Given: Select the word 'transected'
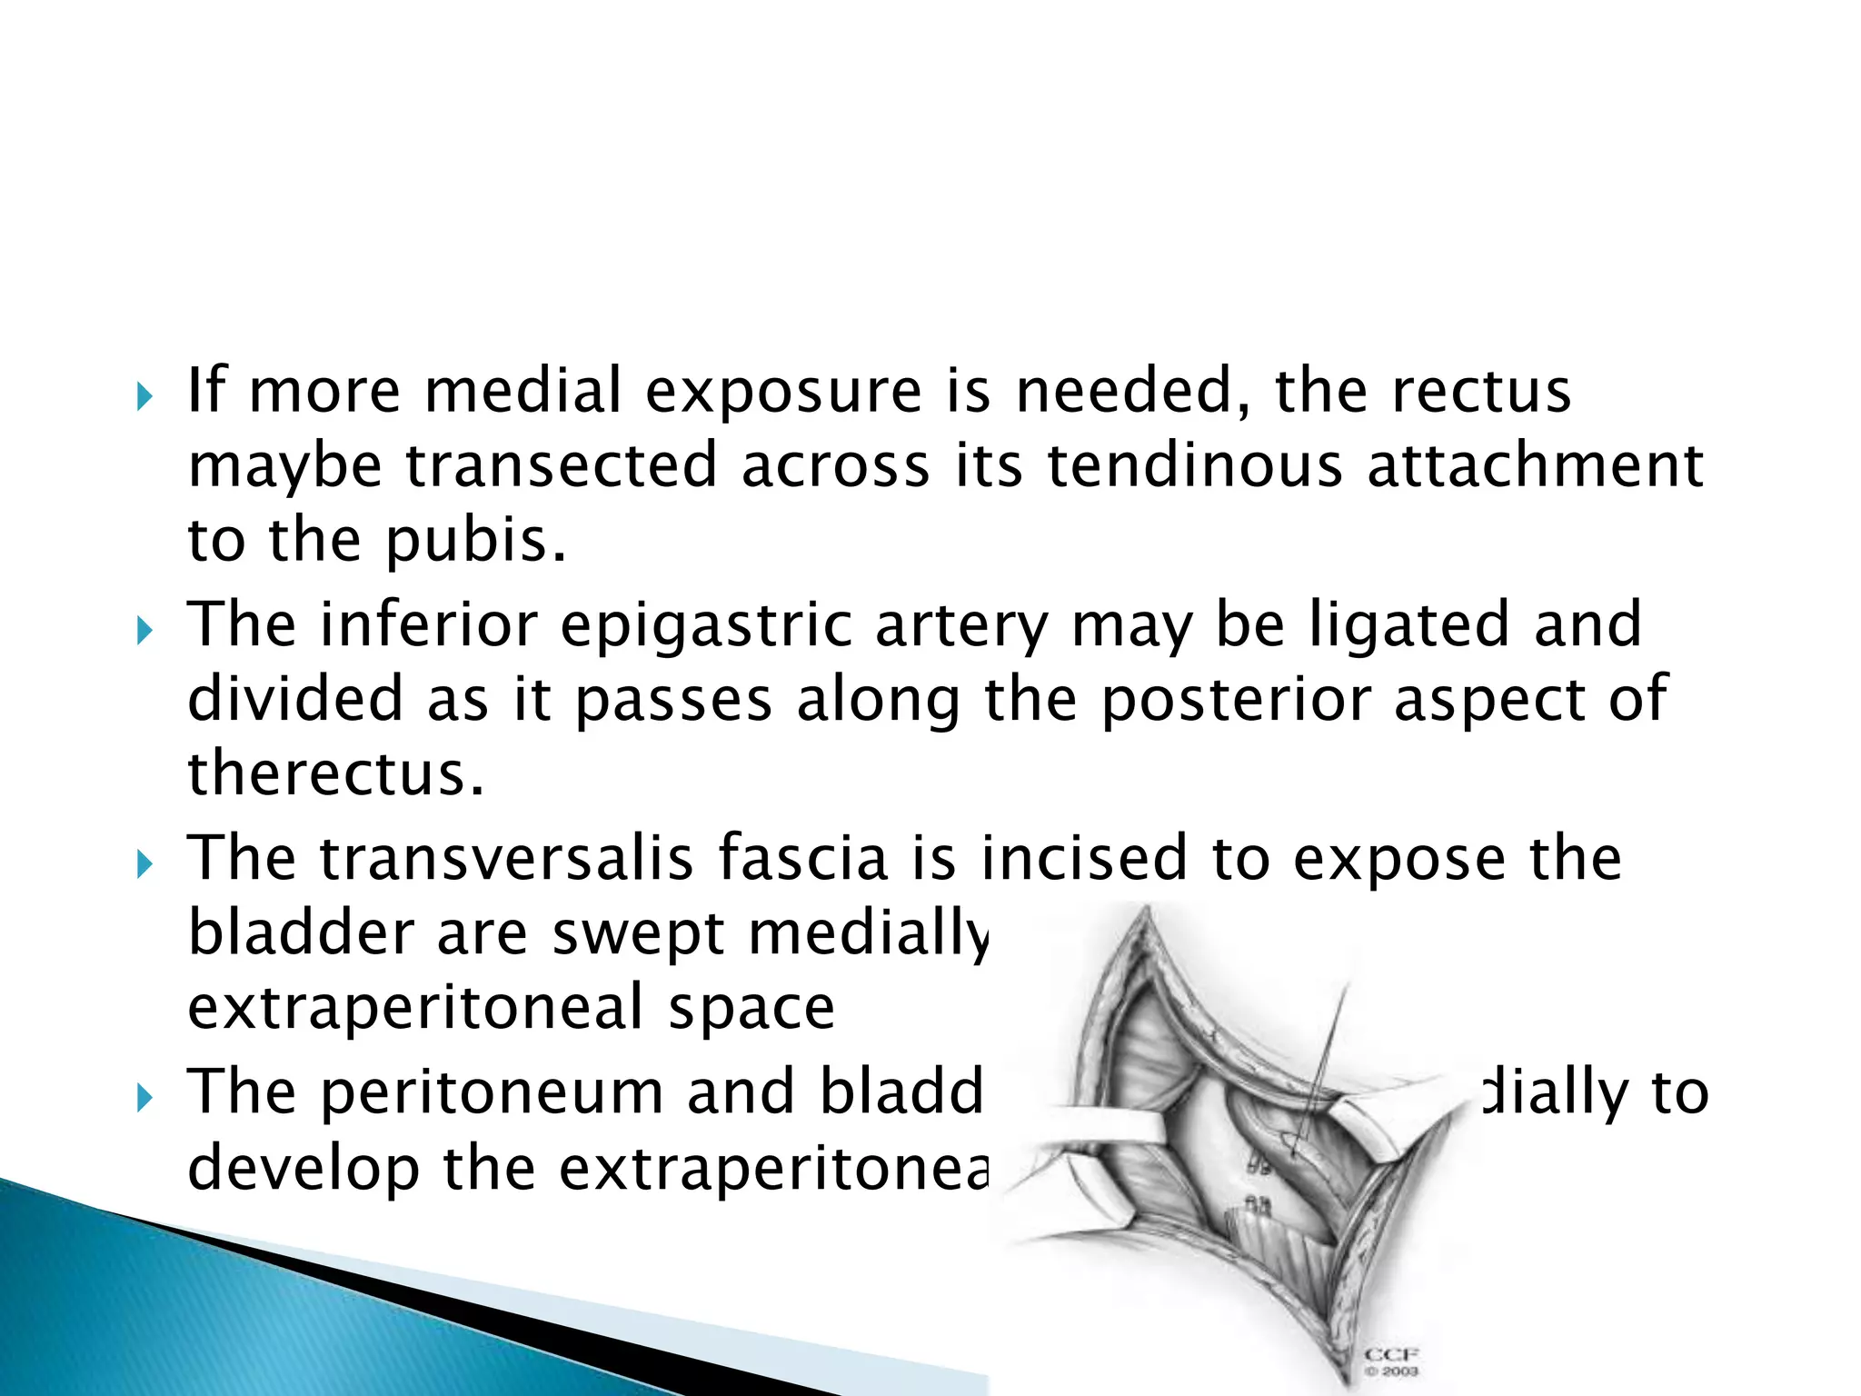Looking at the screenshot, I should [561, 466].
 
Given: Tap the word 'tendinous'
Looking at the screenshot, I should [1194, 466].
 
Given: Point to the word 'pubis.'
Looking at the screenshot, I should [476, 541].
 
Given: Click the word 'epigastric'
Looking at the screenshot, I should [705, 626].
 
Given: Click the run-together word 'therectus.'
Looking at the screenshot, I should [336, 773].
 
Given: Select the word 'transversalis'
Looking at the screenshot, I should [506, 858].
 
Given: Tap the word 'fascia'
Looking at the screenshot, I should [802, 858].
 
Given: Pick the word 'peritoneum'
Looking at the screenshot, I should [492, 1092].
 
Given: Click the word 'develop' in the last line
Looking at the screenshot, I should [303, 1168].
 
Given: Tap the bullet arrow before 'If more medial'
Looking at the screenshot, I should [144, 396].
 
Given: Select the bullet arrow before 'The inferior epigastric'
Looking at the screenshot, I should [144, 631].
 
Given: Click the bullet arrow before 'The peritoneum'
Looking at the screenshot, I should [144, 1098].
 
